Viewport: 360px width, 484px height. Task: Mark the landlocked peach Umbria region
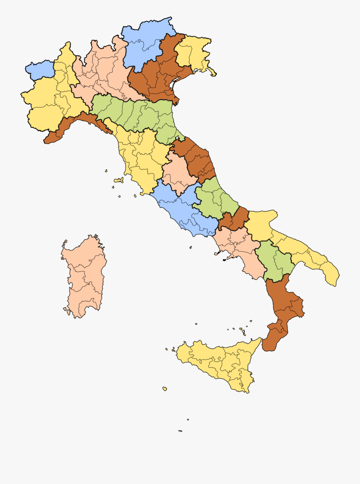(x=176, y=172)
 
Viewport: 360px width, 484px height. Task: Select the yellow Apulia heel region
(x=304, y=252)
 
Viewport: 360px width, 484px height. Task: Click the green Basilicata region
(x=274, y=260)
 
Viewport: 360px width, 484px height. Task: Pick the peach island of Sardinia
(x=84, y=276)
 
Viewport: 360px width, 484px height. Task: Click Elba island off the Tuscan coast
(x=119, y=180)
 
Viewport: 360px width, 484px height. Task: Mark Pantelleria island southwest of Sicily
(x=164, y=388)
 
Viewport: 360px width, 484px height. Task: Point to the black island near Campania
(x=224, y=260)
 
